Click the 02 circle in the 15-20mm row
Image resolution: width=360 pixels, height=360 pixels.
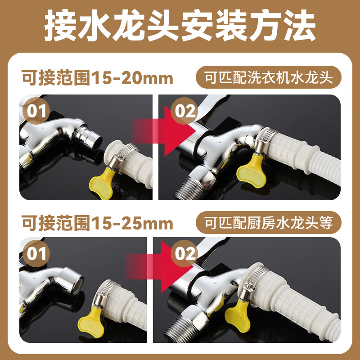(x=185, y=111)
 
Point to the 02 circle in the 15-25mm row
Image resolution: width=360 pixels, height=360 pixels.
(x=185, y=255)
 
